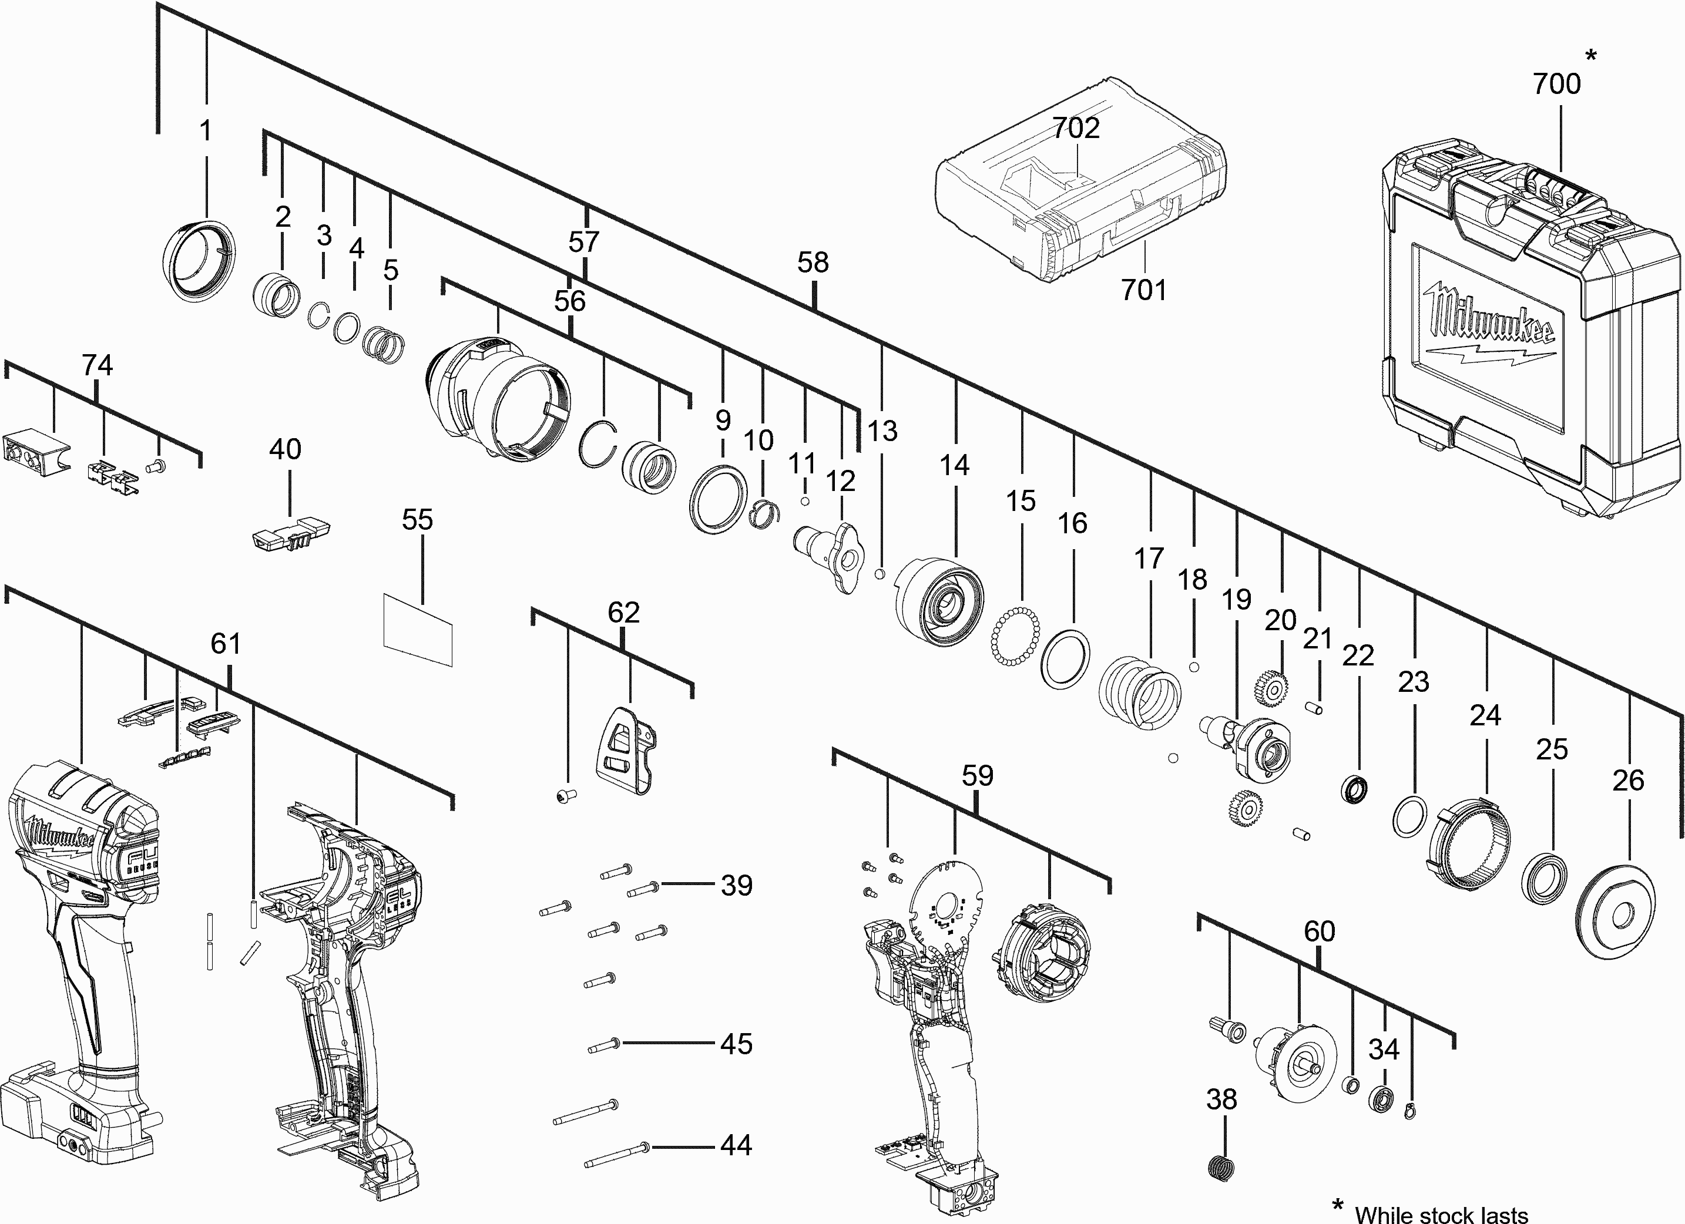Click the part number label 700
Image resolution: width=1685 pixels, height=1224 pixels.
(x=1556, y=84)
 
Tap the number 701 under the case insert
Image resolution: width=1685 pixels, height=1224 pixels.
(x=1143, y=290)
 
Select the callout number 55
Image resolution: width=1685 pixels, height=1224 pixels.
(x=418, y=520)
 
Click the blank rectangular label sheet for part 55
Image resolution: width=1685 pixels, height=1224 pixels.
(x=418, y=628)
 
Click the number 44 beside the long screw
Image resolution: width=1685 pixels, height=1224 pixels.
(x=736, y=1145)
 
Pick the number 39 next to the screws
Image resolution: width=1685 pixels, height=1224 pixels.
(x=736, y=885)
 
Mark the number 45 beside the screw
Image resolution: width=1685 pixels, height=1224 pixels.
(x=736, y=1044)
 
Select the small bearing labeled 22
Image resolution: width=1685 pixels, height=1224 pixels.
(x=1357, y=789)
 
